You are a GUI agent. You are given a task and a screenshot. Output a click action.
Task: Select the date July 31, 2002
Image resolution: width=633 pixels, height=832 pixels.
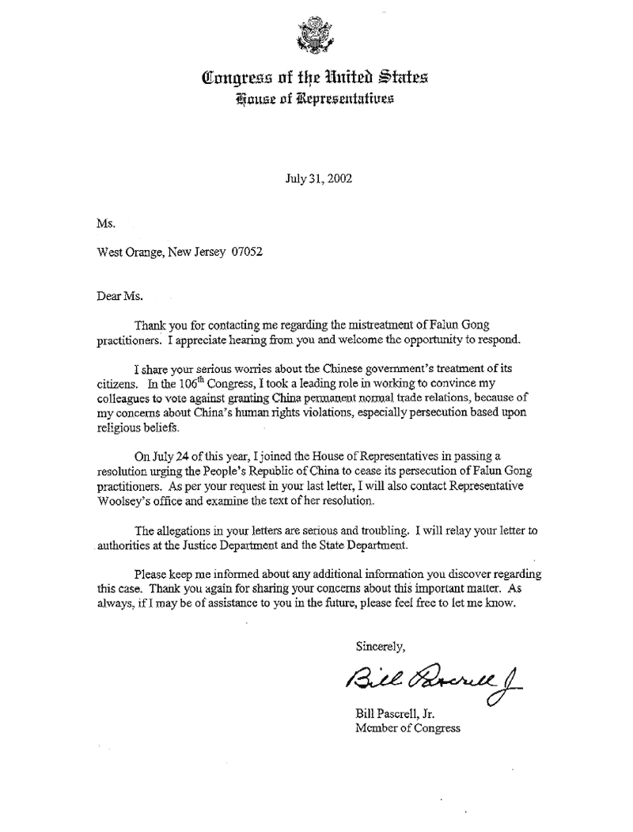(x=319, y=179)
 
